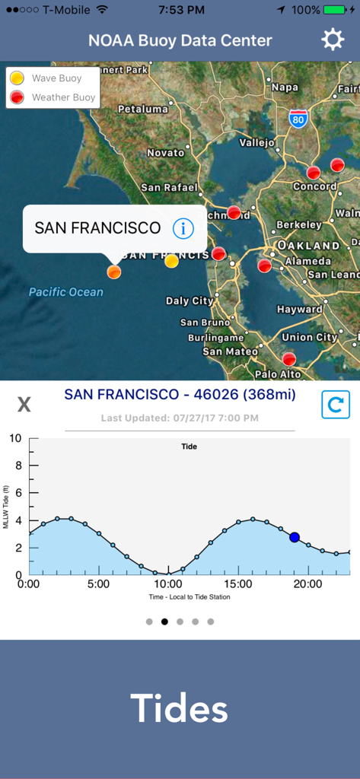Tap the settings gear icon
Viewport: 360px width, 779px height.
pos(333,40)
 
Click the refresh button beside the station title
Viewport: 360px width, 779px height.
pos(335,405)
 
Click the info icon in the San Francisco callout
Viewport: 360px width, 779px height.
pos(183,227)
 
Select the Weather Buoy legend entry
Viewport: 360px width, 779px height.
pos(54,97)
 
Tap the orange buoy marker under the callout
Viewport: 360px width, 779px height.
pos(114,272)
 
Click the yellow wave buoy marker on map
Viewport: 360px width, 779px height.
pos(172,262)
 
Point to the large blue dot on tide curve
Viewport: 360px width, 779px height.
pos(295,537)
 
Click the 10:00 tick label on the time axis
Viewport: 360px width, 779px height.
pos(168,584)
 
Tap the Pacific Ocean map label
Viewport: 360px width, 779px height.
pos(66,292)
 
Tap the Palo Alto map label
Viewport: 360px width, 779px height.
pos(278,374)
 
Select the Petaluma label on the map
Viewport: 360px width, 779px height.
pos(143,109)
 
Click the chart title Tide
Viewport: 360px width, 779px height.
pos(190,447)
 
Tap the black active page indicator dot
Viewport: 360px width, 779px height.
pos(164,622)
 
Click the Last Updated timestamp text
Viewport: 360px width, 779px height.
pos(180,418)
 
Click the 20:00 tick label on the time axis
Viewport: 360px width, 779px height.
pos(307,584)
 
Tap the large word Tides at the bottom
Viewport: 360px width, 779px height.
pos(179,708)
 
